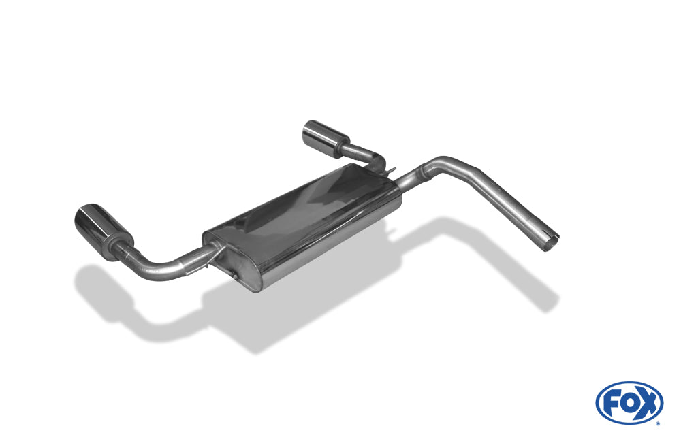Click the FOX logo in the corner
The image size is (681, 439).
coord(629,402)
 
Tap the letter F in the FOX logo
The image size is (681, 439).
coord(611,404)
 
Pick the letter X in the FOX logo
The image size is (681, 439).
coord(647,403)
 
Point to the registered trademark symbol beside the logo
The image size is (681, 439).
coord(658,423)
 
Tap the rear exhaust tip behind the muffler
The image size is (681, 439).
coord(326,135)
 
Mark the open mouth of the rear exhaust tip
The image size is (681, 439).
coord(311,132)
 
